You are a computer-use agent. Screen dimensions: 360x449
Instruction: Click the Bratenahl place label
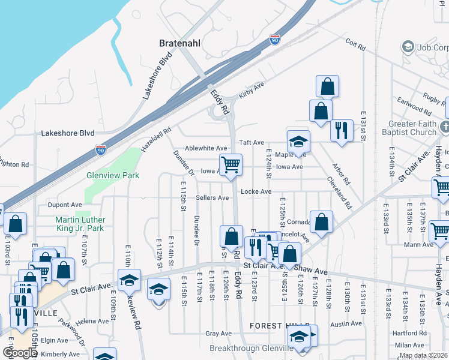tap(181, 43)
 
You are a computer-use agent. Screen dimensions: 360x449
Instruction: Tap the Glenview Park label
tap(112, 175)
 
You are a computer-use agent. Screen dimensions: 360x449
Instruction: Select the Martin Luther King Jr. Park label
tap(80, 224)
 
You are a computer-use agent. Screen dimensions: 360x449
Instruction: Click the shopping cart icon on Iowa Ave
tap(231, 164)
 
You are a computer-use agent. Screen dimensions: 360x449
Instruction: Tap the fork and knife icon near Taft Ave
tap(342, 130)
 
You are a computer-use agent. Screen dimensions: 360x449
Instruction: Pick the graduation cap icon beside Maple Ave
tap(298, 142)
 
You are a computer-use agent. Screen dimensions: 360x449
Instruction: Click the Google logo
tap(20, 353)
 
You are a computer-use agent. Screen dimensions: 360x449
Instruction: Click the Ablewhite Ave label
tap(206, 148)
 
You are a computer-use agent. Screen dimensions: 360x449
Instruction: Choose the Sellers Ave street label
tap(212, 197)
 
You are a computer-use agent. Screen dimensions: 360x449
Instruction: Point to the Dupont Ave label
tap(64, 205)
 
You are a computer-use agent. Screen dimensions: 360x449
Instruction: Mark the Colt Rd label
tap(356, 43)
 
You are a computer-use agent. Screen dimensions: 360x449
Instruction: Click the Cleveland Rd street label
tap(339, 193)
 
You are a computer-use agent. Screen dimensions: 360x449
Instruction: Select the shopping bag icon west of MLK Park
tap(16, 224)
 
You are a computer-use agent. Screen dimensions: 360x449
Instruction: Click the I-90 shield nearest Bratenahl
tap(275, 38)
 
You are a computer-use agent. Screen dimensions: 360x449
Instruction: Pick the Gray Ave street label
tap(218, 334)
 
